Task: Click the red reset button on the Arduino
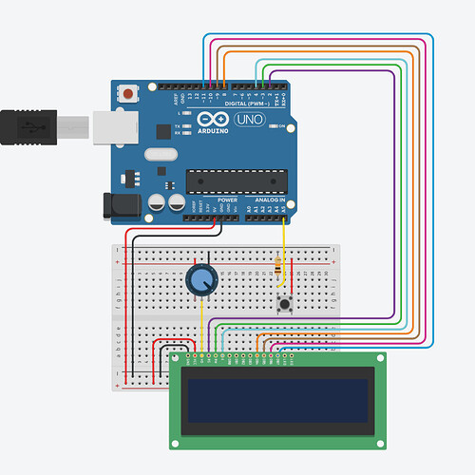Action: point(127,93)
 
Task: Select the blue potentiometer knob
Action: point(201,279)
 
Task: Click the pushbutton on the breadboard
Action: point(283,304)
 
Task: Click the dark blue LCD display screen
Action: point(277,400)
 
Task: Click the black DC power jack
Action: point(120,204)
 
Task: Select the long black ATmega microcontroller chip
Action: point(237,180)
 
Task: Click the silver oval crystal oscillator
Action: point(161,154)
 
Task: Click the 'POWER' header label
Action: point(227,200)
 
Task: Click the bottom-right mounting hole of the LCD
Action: point(380,441)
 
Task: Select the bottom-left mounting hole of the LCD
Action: point(176,441)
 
